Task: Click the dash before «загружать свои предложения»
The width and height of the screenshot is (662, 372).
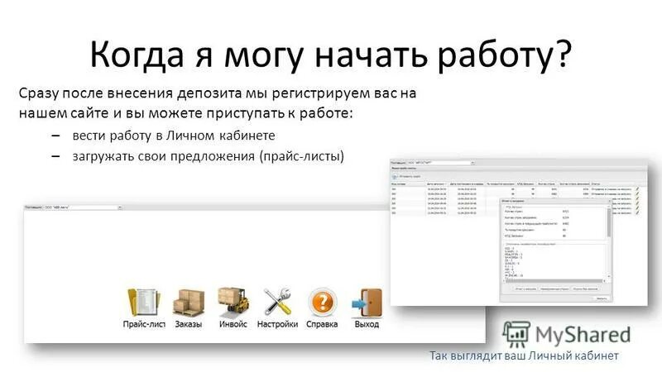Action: click(x=55, y=155)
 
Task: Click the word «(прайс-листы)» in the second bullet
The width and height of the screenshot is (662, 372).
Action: click(x=301, y=155)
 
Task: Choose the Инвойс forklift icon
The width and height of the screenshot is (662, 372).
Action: click(x=233, y=302)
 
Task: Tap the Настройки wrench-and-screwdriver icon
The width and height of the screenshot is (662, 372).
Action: click(x=277, y=302)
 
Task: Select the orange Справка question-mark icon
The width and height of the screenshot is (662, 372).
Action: click(x=322, y=302)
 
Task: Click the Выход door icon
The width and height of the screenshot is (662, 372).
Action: click(x=366, y=302)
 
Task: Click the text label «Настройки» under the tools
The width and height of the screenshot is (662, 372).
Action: click(x=277, y=325)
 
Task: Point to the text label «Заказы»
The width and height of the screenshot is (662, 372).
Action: click(x=189, y=325)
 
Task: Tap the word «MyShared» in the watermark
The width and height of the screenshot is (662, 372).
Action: click(x=583, y=334)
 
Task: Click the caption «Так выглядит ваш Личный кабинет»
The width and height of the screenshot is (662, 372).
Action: click(x=524, y=356)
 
